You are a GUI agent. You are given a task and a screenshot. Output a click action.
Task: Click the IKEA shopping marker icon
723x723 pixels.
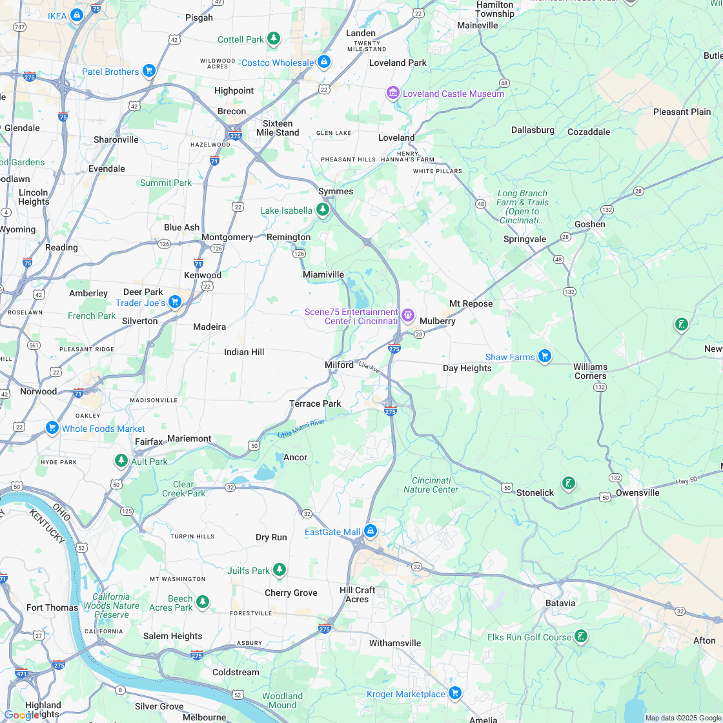[77, 14]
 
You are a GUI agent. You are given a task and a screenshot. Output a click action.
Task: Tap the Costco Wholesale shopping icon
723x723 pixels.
[324, 62]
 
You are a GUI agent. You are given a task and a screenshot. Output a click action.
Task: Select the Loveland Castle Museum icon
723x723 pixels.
[393, 94]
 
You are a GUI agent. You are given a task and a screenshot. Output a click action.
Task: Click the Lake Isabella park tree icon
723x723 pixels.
[323, 210]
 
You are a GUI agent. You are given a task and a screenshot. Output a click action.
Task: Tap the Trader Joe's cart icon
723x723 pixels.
[174, 302]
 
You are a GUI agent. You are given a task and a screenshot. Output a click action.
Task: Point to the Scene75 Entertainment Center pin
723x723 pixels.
[407, 316]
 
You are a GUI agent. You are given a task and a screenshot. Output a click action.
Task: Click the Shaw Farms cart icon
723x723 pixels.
[545, 356]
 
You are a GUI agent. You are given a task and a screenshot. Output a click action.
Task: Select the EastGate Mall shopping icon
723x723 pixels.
[370, 531]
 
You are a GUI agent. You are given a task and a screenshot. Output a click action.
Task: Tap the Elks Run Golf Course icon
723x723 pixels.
[581, 636]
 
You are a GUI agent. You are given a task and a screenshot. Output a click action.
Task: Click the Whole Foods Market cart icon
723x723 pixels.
[52, 428]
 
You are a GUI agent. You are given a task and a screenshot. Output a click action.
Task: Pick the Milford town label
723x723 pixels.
[339, 365]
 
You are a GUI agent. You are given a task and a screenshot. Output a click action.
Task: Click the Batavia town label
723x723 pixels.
[560, 603]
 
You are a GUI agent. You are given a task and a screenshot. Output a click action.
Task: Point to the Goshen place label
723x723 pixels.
[590, 224]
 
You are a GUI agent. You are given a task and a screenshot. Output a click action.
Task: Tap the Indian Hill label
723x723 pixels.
[244, 352]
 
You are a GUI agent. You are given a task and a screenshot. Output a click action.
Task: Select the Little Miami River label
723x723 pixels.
[301, 428]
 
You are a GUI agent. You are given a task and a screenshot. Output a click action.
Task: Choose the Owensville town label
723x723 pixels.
[637, 493]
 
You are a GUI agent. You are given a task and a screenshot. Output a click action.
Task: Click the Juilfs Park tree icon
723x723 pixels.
[279, 570]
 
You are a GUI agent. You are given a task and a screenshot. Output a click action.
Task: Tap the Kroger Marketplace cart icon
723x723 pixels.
[455, 693]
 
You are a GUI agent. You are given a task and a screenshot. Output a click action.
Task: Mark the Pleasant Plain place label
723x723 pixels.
[682, 112]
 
